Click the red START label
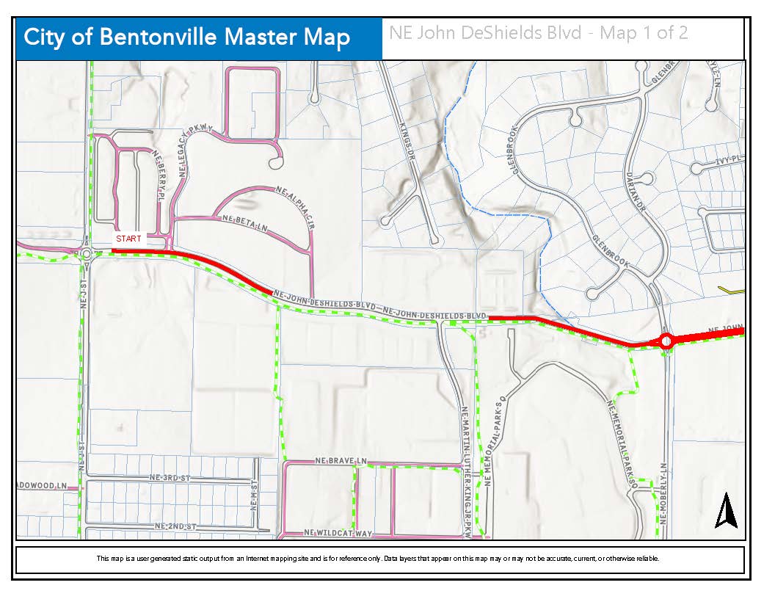click(x=128, y=239)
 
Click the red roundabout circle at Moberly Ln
click(x=666, y=341)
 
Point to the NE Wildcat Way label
click(x=338, y=533)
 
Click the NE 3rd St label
click(x=169, y=478)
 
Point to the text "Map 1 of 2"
click(x=644, y=33)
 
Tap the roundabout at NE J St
click(x=86, y=254)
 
